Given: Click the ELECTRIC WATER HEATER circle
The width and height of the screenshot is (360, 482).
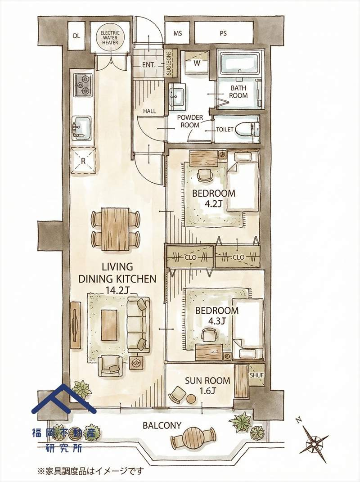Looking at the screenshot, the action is pos(110,38).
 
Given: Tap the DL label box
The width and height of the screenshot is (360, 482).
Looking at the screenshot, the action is pos(76,36).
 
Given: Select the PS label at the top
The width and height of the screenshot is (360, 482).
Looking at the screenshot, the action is pos(224,33).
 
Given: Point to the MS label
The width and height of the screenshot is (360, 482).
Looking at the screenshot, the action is pos(178,33).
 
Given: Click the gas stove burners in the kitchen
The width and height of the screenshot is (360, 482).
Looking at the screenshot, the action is pos(83,85).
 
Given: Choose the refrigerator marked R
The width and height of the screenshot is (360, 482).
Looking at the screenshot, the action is pos(83,161).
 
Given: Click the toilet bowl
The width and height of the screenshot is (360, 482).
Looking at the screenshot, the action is pos(247,130).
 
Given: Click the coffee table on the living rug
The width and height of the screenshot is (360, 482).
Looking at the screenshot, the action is pos(109,325).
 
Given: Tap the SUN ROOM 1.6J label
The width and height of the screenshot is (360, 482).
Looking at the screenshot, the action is pos(207,386).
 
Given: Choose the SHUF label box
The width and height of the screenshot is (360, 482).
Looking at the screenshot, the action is pos(256,375).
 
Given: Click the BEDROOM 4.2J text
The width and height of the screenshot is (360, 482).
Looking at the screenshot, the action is pos(214,198).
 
